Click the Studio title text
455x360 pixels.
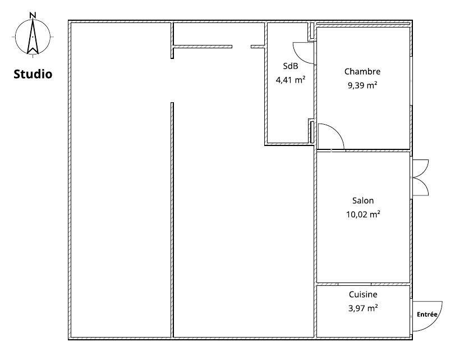coord(33,74)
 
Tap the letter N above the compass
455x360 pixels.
coord(33,15)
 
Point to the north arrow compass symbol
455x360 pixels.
coord(33,37)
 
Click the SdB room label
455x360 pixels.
coord(291,66)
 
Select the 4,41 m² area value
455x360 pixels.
coord(291,80)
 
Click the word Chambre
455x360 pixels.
coord(362,71)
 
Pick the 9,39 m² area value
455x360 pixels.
coord(362,85)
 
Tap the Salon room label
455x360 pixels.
coord(363,200)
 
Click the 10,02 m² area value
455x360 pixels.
coord(363,215)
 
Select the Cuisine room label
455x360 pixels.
coord(363,294)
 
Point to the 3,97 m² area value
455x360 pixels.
coord(363,308)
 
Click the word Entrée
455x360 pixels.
coord(427,315)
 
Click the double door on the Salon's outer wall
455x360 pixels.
coord(420,177)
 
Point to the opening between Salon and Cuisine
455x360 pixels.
coord(355,284)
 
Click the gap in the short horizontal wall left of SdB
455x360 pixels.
coord(241,47)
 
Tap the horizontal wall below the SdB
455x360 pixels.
coord(289,144)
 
